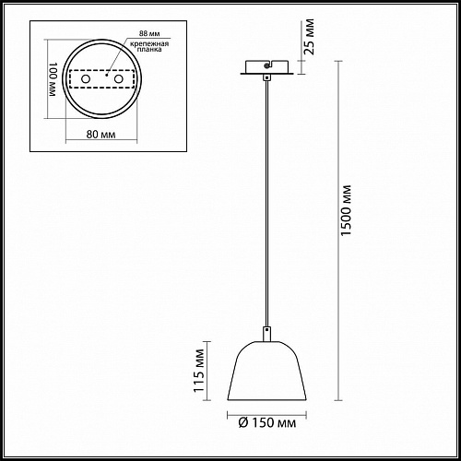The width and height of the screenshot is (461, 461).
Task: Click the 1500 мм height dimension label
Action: [346, 210]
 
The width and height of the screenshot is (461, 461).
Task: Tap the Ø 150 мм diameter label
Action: [267, 423]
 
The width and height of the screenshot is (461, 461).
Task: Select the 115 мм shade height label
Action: [199, 371]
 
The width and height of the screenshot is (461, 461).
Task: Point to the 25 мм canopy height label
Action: [309, 37]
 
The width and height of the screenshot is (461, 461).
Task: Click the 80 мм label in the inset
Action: [100, 135]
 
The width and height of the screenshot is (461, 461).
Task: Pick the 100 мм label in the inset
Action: [53, 79]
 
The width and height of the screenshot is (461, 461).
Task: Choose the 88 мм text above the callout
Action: [149, 33]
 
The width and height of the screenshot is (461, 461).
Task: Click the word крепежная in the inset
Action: [149, 43]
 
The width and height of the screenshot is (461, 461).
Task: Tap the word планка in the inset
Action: [149, 50]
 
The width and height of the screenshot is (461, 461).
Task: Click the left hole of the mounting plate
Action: [86, 79]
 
